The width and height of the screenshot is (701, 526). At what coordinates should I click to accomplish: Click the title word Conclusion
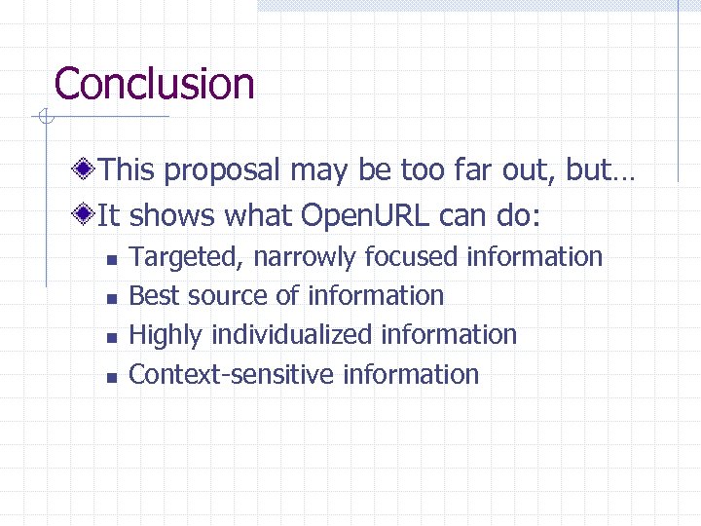(x=155, y=84)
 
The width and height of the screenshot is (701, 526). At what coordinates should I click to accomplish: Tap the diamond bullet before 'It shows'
(x=87, y=213)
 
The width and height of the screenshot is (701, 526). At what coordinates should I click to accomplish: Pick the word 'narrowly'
(x=305, y=258)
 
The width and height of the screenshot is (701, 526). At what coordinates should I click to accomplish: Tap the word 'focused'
(x=413, y=257)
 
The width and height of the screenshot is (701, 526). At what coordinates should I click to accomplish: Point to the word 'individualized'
(x=291, y=334)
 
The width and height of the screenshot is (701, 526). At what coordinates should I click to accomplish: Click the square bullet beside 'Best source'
(x=111, y=298)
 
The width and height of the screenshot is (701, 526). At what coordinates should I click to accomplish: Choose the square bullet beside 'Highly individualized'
(x=111, y=337)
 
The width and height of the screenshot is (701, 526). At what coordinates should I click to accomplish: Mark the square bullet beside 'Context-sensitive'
(x=111, y=376)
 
